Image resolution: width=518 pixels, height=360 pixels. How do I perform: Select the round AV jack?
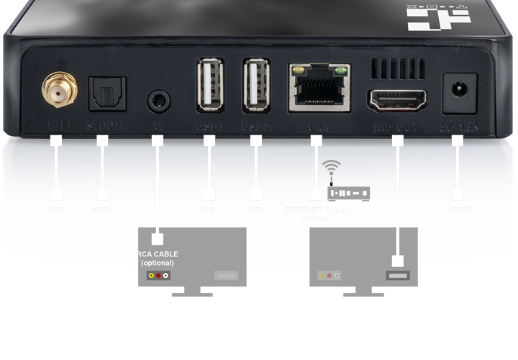[158, 99]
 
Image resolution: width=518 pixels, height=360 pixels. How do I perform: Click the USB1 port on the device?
[209, 85]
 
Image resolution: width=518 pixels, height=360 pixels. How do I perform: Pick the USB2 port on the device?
[257, 85]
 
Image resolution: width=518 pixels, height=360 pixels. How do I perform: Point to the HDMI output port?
[396, 99]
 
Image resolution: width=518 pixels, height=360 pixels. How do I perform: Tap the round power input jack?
[457, 91]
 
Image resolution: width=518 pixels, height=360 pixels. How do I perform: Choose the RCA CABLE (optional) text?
[158, 258]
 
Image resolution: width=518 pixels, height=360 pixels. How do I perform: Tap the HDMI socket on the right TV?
[396, 275]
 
